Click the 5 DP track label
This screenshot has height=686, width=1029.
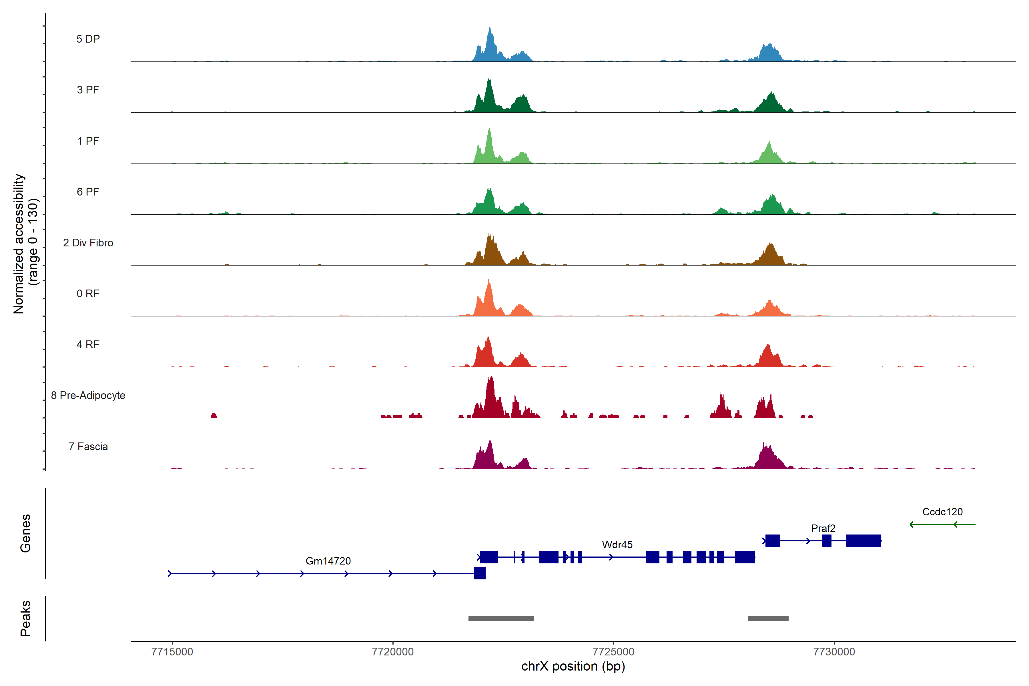click(88, 39)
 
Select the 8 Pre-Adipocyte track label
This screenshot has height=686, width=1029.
click(88, 396)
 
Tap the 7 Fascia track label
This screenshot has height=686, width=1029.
click(88, 447)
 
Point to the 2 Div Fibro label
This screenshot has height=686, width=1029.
click(88, 243)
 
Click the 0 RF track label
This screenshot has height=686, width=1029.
click(88, 294)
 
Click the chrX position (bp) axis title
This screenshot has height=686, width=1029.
click(573, 666)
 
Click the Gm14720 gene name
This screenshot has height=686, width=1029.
click(328, 561)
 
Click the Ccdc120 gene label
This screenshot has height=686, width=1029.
click(942, 512)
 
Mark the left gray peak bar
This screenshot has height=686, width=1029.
click(501, 619)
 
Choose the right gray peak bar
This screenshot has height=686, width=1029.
click(768, 619)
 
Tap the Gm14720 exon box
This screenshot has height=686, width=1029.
click(480, 573)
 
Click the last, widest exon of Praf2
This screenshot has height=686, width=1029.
click(863, 541)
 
